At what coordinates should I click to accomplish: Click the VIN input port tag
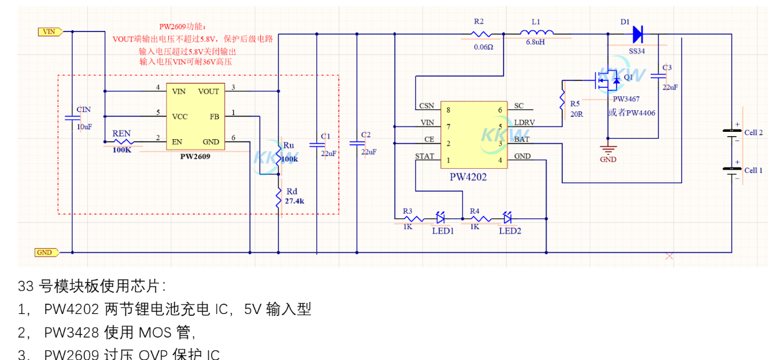(x=48, y=31)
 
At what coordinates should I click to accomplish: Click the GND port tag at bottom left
(x=46, y=252)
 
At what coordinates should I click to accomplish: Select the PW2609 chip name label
(x=195, y=156)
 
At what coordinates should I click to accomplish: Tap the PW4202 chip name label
(x=467, y=177)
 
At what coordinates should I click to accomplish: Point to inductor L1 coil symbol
(x=537, y=34)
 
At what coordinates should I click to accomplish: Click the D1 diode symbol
(x=637, y=33)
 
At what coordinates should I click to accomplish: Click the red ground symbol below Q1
(x=608, y=149)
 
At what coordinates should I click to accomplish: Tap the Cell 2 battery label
(x=753, y=133)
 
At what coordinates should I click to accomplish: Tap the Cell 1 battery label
(x=753, y=171)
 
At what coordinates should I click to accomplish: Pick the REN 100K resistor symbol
(x=121, y=143)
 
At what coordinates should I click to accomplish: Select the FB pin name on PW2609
(x=214, y=116)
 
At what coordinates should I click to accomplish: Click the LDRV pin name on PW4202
(x=524, y=122)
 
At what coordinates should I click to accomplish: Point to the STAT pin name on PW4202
(x=424, y=156)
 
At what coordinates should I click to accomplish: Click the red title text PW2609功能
(x=183, y=27)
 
